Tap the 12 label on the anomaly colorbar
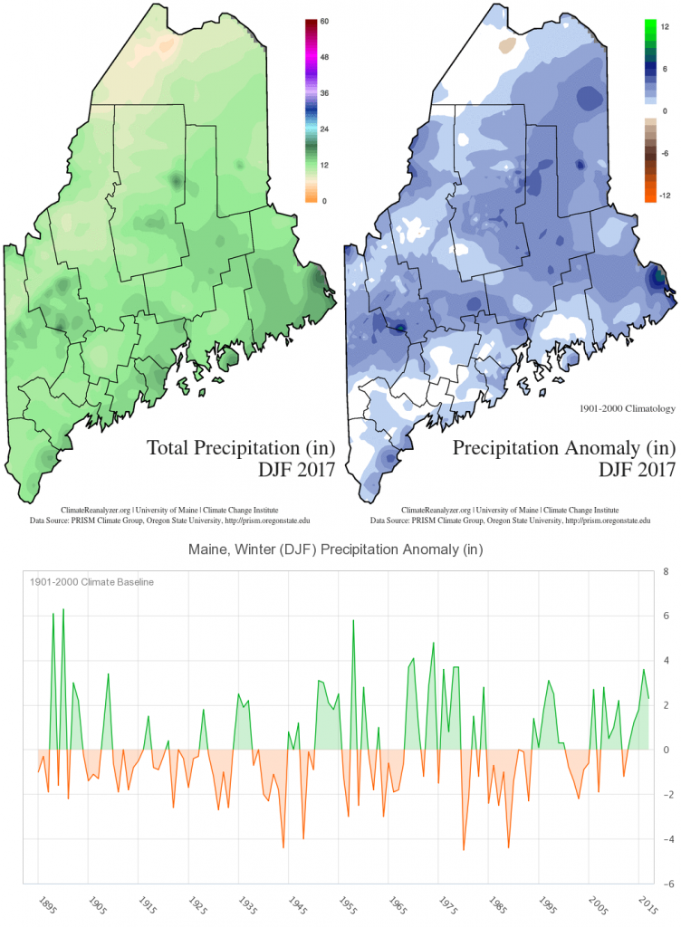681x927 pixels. point(665,27)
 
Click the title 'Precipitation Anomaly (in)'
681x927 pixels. point(564,447)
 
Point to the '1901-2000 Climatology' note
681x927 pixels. point(626,407)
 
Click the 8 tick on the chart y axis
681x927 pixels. point(666,572)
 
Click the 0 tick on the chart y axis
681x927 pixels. point(666,750)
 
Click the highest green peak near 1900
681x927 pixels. point(63,609)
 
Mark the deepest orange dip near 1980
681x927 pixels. point(464,849)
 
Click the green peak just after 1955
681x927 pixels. point(353,620)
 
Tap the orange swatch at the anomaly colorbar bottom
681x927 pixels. point(649,190)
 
